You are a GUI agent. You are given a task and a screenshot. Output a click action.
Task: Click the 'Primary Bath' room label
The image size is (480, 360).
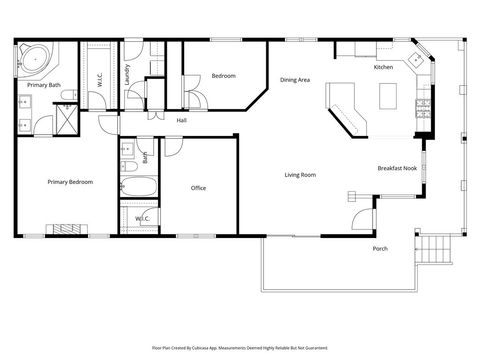coord(43,85)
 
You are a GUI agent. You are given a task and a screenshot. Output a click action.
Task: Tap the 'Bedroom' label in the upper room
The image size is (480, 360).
coord(223,75)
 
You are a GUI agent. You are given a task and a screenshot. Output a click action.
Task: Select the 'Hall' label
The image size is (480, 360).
coord(182,121)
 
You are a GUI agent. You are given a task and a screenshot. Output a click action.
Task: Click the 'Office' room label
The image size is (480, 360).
coord(198,187)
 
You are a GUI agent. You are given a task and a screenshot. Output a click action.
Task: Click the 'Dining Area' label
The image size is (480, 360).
coord(294,80)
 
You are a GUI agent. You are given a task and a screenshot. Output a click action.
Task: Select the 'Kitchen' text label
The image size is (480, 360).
coord(383,67)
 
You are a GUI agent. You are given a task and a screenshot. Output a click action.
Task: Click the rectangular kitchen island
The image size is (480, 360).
coord(390,97)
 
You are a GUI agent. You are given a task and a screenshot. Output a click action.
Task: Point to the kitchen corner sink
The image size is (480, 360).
coord(417,60)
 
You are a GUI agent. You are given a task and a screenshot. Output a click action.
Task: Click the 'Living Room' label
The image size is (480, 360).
coord(300,175)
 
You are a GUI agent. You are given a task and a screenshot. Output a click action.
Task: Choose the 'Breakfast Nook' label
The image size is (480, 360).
coord(396,169)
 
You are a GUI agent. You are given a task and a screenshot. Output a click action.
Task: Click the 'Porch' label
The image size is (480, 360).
coord(380,248)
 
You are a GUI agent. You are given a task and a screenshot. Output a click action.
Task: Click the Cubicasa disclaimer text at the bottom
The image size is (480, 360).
coord(239,347)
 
